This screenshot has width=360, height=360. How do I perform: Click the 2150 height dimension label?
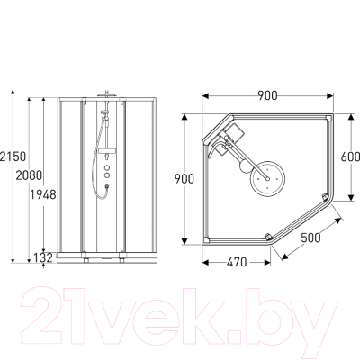(x=13, y=157)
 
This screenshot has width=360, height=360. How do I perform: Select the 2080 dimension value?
(x=29, y=175)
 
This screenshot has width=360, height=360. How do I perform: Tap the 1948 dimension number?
(x=43, y=195)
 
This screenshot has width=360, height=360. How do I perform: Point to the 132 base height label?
(x=43, y=257)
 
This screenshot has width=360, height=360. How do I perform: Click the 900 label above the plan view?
(x=267, y=96)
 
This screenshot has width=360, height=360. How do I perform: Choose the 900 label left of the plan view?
(x=184, y=179)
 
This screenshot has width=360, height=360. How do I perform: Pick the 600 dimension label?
(x=350, y=157)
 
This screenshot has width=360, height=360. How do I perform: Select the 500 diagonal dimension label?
(x=310, y=238)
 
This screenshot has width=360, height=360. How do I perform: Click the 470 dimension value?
(x=237, y=263)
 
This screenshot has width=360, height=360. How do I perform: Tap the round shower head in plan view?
(x=268, y=179)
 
